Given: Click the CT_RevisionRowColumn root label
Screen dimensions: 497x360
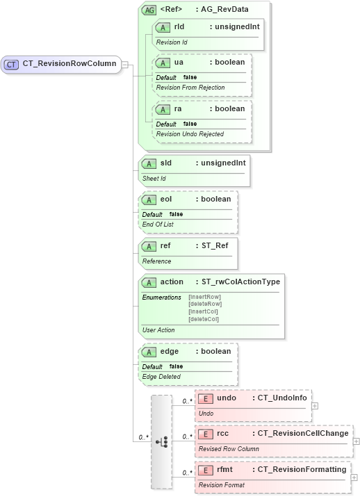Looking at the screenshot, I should [x=69, y=64].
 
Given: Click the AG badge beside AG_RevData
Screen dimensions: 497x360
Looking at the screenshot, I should [x=149, y=10].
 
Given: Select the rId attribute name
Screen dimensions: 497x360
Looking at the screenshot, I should [x=179, y=27].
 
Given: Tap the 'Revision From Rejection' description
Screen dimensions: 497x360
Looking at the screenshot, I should [x=191, y=87].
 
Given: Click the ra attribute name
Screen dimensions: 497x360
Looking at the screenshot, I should [x=179, y=109].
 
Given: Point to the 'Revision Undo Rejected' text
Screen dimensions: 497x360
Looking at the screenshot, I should [x=190, y=133].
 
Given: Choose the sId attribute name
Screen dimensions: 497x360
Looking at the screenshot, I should [x=166, y=163].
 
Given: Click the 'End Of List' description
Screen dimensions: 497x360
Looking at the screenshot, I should [x=158, y=224].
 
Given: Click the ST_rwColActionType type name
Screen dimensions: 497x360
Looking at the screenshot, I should [x=240, y=282].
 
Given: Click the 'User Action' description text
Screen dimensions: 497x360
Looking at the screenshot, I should [x=158, y=330].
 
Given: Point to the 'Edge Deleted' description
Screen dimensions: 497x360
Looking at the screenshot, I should [x=161, y=376].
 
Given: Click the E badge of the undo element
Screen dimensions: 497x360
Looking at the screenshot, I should [x=205, y=398].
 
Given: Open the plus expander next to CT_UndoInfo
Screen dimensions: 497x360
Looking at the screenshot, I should [x=315, y=405].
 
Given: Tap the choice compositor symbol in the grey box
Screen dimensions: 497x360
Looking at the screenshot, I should [x=161, y=441].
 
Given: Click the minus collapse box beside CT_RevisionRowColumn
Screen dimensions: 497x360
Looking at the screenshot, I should [x=125, y=64].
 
